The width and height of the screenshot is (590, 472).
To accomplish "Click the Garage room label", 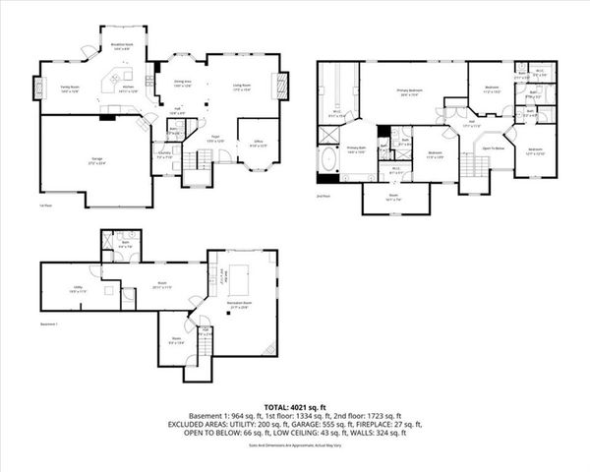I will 97,160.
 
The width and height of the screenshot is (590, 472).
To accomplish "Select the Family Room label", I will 68,88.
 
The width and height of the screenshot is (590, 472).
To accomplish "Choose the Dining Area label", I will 183,85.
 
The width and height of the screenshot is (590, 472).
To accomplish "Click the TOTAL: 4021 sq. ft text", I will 294,406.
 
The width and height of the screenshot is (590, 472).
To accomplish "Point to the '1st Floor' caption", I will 44,206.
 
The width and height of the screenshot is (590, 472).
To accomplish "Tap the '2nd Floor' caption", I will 323,196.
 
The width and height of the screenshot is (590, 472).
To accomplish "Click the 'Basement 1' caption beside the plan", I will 50,323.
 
